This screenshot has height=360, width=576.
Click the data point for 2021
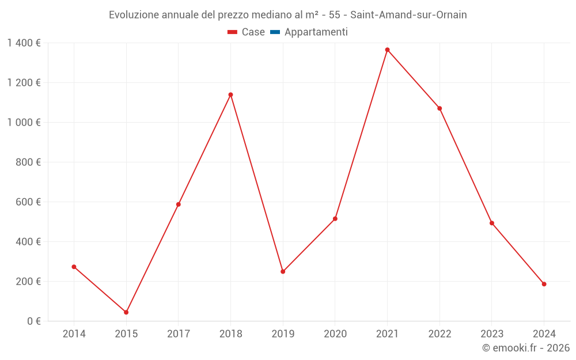[387, 50]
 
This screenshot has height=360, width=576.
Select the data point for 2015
[126, 312]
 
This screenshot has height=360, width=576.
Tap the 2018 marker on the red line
[230, 94]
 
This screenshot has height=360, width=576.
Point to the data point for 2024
[544, 284]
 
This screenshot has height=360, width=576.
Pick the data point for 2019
[283, 271]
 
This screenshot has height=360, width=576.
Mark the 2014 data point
[74, 267]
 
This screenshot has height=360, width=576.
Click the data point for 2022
[439, 108]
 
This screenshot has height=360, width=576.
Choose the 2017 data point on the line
[179, 204]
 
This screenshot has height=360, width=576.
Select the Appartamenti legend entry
[316, 32]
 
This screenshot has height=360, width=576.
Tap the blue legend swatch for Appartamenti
[275, 32]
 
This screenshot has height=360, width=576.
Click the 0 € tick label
[32, 321]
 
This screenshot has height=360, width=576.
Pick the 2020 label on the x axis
[335, 334]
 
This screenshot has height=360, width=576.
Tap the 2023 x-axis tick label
[491, 334]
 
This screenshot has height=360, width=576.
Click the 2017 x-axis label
[179, 334]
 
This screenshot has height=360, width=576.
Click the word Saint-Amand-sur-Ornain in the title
[408, 15]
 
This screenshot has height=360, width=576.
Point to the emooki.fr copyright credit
[526, 348]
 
